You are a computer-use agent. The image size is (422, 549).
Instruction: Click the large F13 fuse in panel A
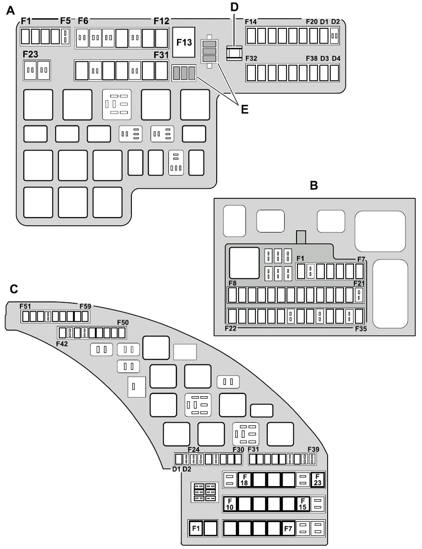(184, 42)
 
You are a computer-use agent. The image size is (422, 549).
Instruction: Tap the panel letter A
(11, 11)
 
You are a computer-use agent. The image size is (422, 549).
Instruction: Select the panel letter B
(313, 185)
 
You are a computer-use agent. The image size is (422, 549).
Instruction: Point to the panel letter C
(14, 289)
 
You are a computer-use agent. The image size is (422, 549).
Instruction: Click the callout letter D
(234, 7)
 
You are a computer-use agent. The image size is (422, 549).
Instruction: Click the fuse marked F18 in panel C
(244, 480)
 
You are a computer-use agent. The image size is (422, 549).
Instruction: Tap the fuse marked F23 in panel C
(317, 480)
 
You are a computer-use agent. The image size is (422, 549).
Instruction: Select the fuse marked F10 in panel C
(230, 504)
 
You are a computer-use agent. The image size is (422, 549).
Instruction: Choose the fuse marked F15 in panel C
(302, 504)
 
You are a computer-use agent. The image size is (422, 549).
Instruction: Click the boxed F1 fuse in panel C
(196, 528)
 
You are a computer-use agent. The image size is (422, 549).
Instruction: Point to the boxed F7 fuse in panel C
(288, 528)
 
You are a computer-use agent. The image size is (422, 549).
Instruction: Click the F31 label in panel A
(161, 55)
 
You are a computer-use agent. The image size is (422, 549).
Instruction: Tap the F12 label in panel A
(161, 21)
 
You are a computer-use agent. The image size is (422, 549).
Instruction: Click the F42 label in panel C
(62, 343)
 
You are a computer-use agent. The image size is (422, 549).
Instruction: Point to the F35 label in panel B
(361, 328)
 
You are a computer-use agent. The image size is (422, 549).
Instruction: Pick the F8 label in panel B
(232, 283)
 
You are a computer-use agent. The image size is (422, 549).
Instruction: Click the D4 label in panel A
(336, 58)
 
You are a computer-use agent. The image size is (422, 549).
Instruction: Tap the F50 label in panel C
(123, 323)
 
